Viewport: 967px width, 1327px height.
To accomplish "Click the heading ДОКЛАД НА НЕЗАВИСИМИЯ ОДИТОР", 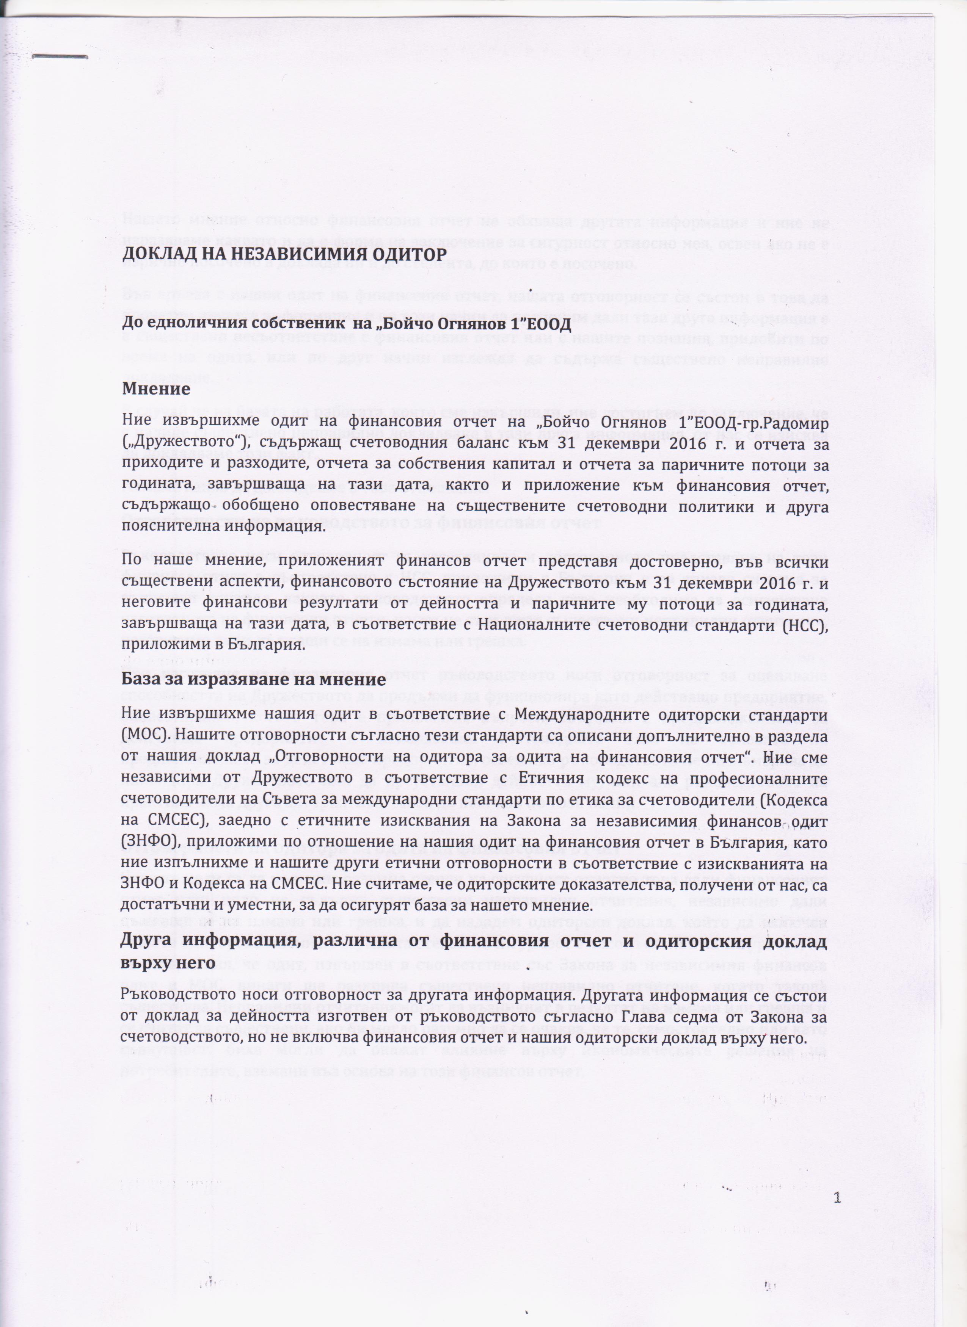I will tap(284, 254).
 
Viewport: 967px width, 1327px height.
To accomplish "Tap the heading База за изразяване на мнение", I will tap(253, 679).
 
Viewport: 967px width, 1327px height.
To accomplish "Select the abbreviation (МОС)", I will tap(140, 735).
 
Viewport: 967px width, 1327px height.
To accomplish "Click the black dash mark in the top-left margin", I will tap(59, 57).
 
